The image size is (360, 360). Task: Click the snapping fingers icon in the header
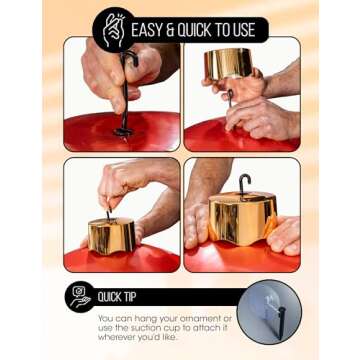pos(113,30)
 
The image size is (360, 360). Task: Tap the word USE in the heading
pos(245,30)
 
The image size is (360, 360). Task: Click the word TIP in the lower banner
pos(128,297)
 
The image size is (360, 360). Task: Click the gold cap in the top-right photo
pos(229,63)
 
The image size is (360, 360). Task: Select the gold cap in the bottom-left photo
pos(112,236)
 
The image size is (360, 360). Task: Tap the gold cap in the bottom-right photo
pos(243,218)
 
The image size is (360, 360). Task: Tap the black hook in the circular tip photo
pos(282,320)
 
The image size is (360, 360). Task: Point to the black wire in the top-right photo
pos(231,98)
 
